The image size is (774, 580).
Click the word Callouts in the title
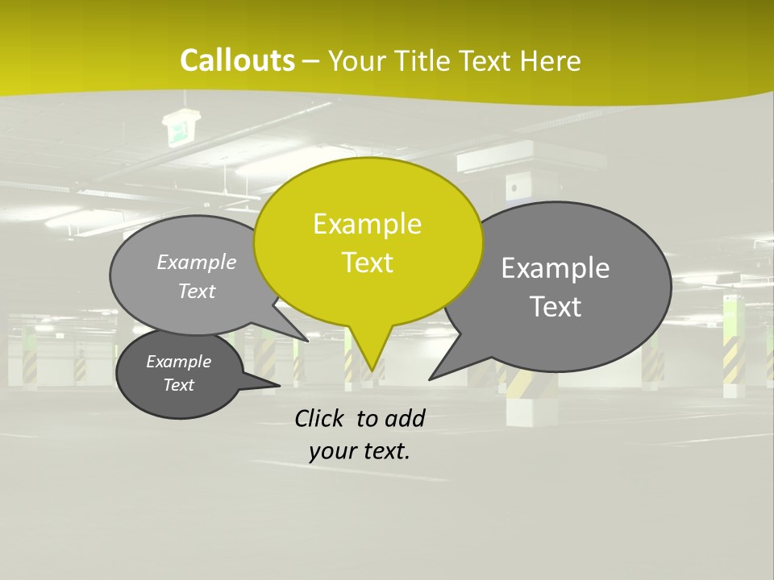click(x=237, y=60)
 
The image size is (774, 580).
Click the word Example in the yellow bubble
click(x=367, y=224)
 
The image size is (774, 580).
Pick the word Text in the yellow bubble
click(x=367, y=263)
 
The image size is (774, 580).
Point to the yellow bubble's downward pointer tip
click(x=371, y=370)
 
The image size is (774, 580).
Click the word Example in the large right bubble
click(x=556, y=268)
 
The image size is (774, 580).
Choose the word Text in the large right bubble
click(x=556, y=307)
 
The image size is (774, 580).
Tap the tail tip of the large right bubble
click(x=431, y=378)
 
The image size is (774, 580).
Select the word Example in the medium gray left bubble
click(x=196, y=262)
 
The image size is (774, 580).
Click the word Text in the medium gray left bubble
click(x=196, y=291)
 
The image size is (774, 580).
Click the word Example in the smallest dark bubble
click(x=178, y=362)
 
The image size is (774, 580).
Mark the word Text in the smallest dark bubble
click(x=178, y=385)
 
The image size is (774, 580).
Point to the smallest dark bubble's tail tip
click(x=279, y=385)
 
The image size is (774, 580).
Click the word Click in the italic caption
click(x=321, y=418)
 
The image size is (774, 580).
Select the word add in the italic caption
click(x=404, y=418)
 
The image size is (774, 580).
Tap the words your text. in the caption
click(x=360, y=451)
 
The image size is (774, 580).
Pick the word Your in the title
click(x=358, y=60)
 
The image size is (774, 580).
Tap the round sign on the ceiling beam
click(x=513, y=188)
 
